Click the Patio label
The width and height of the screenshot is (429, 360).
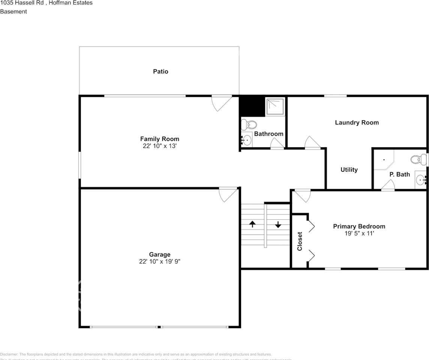coord(160,71)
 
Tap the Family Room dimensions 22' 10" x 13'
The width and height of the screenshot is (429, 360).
coord(159,146)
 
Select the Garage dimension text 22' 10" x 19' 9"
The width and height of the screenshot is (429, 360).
coord(160,261)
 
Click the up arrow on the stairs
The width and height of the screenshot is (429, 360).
coord(252,224)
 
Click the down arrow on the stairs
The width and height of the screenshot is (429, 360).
coord(278,225)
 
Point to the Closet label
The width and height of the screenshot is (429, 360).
coord(300,241)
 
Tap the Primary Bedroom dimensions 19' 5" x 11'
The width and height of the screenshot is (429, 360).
coord(359,233)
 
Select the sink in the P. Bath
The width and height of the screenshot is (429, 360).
coord(420,181)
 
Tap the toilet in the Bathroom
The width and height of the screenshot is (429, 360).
coord(248,124)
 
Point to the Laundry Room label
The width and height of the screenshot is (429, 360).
coord(357,123)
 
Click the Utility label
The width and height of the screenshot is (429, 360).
coord(349,170)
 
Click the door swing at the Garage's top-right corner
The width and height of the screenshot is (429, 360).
coord(228,194)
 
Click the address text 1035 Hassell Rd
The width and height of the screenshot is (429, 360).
coord(22,3)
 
